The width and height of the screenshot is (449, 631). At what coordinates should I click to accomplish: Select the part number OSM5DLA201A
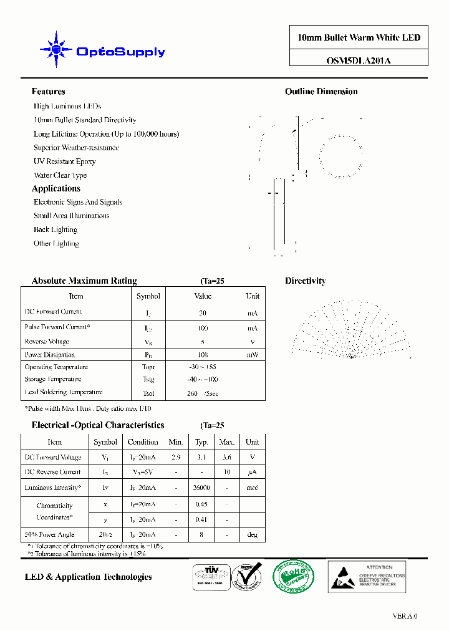point(359,60)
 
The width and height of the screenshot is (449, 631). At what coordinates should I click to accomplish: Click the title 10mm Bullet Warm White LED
point(359,37)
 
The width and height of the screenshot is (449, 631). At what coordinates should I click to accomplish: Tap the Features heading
point(48,92)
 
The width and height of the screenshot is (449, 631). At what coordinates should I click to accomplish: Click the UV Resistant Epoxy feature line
point(65,161)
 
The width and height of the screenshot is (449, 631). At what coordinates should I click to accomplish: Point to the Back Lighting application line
point(56,230)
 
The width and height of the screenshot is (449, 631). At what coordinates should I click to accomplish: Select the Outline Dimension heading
point(321,92)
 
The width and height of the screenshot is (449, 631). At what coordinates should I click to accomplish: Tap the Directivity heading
point(306,281)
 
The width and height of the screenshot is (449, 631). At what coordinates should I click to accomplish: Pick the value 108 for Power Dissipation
point(203,355)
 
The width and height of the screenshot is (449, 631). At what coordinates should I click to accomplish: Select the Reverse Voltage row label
point(47,342)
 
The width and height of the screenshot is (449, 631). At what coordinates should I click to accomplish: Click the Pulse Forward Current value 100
point(203,328)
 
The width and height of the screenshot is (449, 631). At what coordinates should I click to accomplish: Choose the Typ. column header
point(201,442)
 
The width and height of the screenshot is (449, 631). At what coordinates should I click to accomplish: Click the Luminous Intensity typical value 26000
point(201,488)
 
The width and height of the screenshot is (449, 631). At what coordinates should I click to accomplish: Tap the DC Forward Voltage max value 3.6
point(226,457)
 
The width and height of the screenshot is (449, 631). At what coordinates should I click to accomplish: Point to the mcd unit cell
point(252,488)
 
